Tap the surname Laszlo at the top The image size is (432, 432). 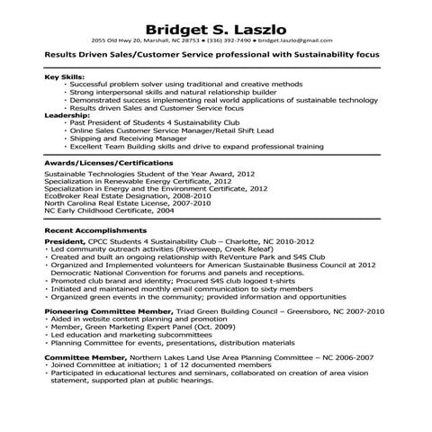point(261,24)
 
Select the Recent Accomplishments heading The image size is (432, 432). point(93,229)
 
